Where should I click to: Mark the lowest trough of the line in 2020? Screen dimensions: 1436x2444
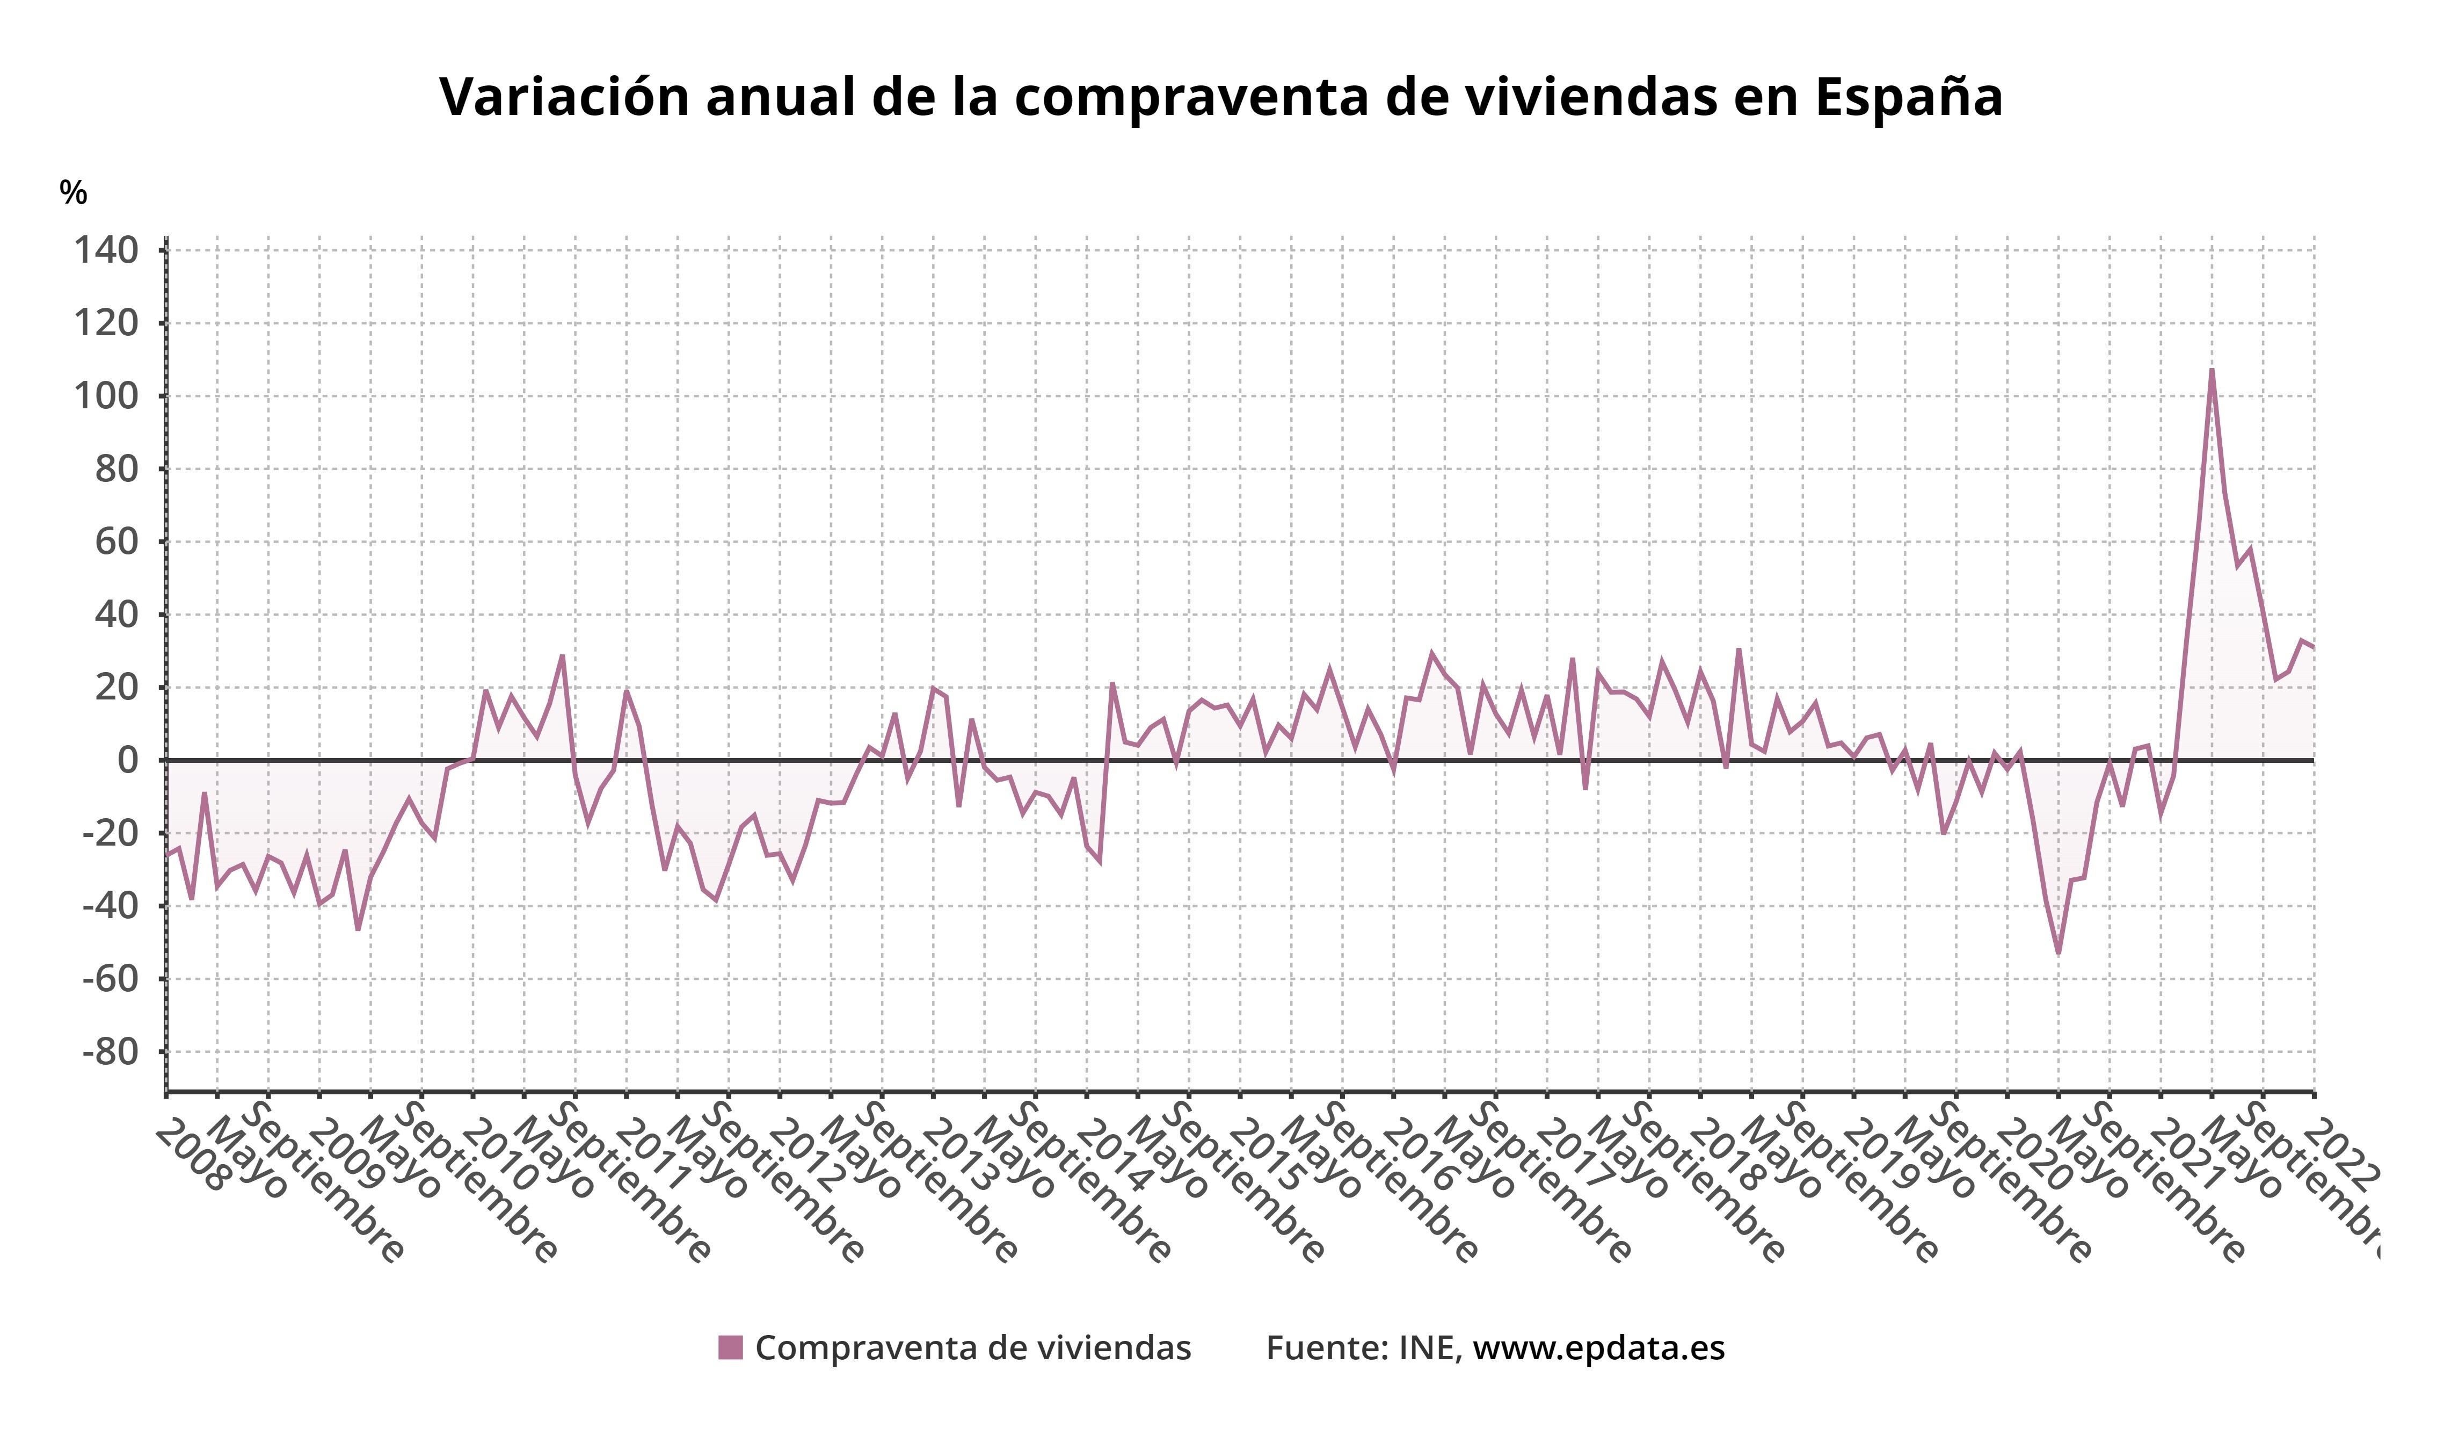pyautogui.click(x=2058, y=953)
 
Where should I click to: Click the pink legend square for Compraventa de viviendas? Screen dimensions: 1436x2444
pyautogui.click(x=730, y=1348)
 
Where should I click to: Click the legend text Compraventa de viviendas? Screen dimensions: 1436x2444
pyautogui.click(x=973, y=1348)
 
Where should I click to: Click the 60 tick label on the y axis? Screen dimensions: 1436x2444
pyautogui.click(x=117, y=542)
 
